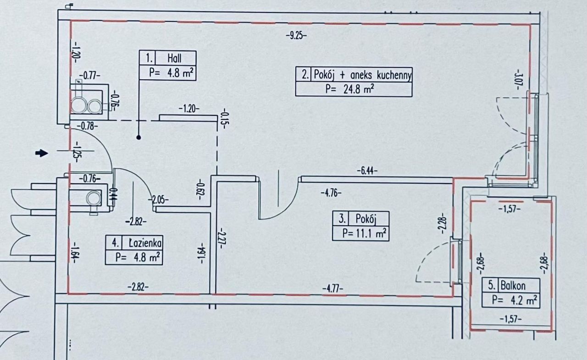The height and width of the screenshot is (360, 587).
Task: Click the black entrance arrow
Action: [42, 153]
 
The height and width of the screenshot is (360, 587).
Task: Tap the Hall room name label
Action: [174, 58]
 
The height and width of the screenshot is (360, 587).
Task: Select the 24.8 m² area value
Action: [359, 89]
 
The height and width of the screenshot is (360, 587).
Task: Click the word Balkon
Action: [513, 286]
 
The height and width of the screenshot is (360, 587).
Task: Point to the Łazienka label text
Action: [145, 243]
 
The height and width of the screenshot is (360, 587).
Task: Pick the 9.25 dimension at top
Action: [296, 35]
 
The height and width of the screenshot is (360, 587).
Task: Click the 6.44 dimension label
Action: [367, 171]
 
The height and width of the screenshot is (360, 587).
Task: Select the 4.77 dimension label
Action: [332, 289]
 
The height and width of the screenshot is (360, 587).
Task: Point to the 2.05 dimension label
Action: [158, 200]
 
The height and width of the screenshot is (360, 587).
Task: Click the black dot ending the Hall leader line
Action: [138, 138]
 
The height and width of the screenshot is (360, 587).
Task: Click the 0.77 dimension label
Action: [89, 76]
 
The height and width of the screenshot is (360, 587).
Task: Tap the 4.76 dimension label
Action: [331, 194]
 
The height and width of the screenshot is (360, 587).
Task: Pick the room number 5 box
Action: [491, 286]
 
